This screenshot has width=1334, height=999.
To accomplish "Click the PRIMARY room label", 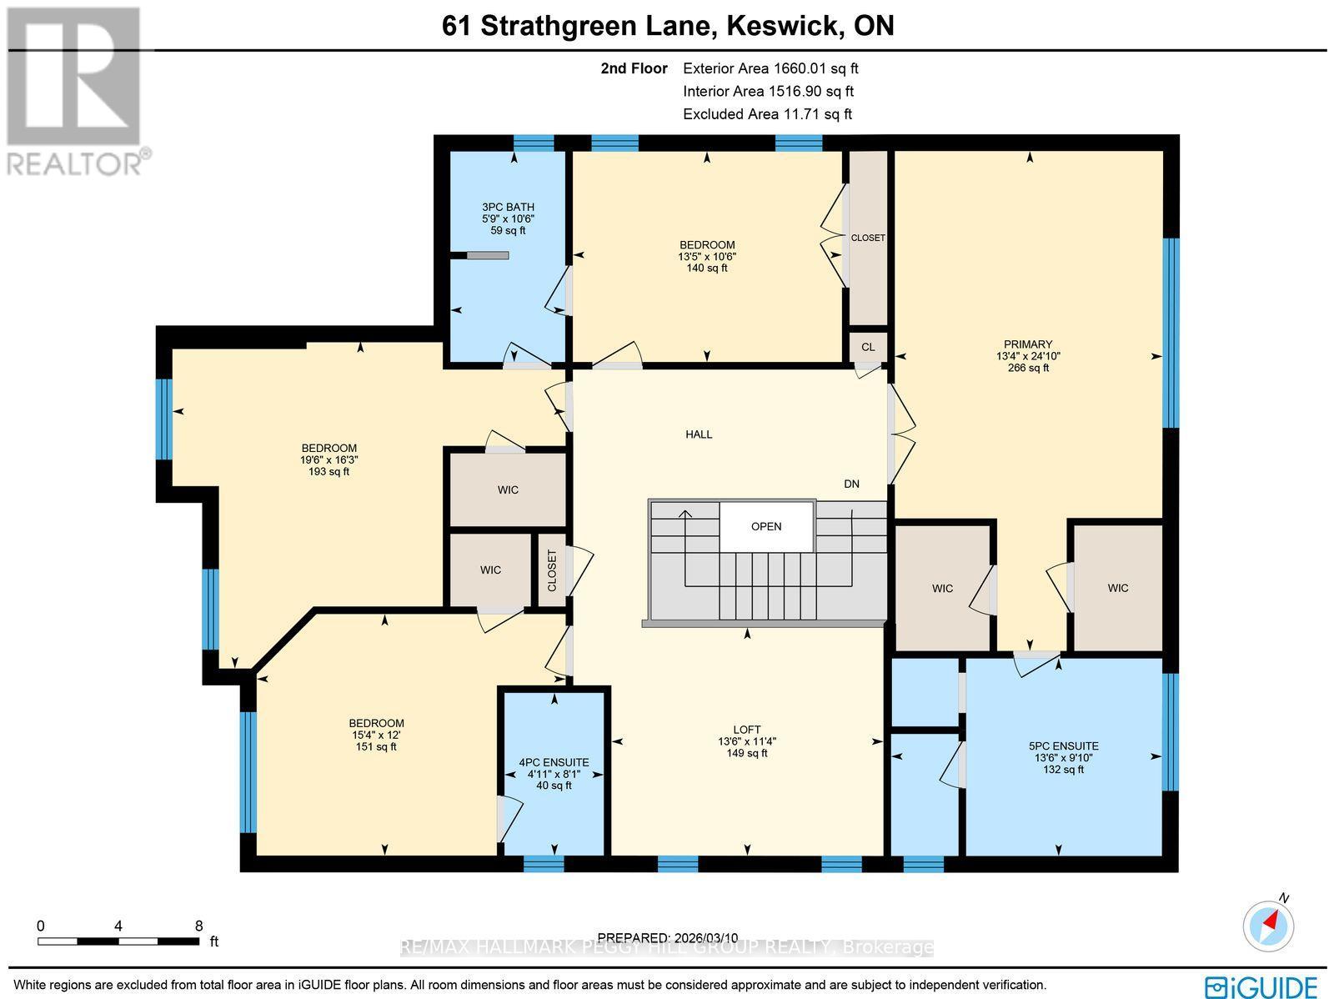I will point(1027,344).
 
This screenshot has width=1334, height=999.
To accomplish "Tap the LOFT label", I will point(747,730).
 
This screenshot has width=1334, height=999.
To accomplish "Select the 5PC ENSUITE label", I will point(1065,746).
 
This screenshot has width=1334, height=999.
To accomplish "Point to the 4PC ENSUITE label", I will point(554,762).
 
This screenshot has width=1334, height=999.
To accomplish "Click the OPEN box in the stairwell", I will point(766,526).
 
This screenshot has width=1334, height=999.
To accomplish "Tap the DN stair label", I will point(851,484).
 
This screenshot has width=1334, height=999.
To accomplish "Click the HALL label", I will point(699,434).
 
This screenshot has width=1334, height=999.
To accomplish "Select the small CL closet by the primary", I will point(868,347).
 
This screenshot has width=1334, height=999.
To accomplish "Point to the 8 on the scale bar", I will point(198,926).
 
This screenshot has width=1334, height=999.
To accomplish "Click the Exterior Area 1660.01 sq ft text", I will point(770,69).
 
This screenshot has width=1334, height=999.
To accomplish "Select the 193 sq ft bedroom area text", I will point(329,471).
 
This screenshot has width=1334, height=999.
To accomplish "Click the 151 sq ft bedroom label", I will point(376,746).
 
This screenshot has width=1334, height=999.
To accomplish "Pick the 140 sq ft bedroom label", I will point(707,268).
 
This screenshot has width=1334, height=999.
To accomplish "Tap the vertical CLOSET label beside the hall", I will point(552,570).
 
